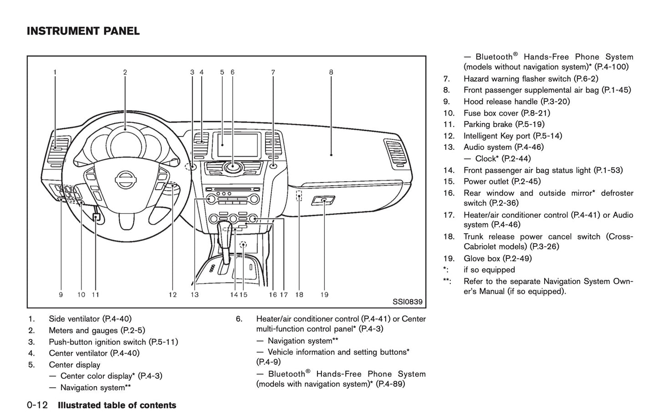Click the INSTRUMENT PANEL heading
(x=83, y=31)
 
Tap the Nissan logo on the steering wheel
(x=125, y=179)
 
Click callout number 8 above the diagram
(x=331, y=72)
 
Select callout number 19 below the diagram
(x=324, y=295)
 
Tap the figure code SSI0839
(x=407, y=301)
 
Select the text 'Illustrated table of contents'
(x=117, y=405)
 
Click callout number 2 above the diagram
(x=125, y=72)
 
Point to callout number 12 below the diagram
(x=173, y=295)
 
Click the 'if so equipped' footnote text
(x=489, y=270)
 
